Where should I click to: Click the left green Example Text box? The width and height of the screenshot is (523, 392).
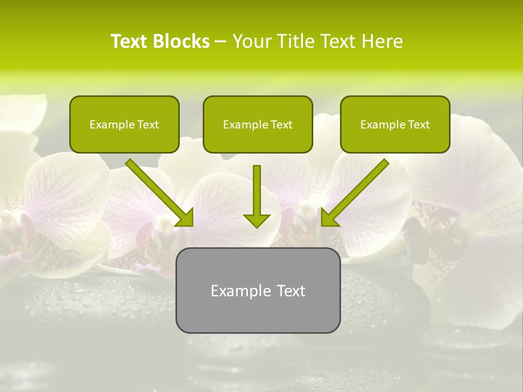click(124, 125)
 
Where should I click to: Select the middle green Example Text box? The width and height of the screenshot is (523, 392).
click(258, 125)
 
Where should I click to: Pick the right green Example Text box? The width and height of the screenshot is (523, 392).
click(395, 125)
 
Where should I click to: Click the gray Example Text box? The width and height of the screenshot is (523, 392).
click(258, 290)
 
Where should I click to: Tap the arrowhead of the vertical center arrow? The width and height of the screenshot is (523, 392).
click(257, 220)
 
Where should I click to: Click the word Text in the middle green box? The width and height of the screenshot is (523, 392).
click(281, 125)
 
